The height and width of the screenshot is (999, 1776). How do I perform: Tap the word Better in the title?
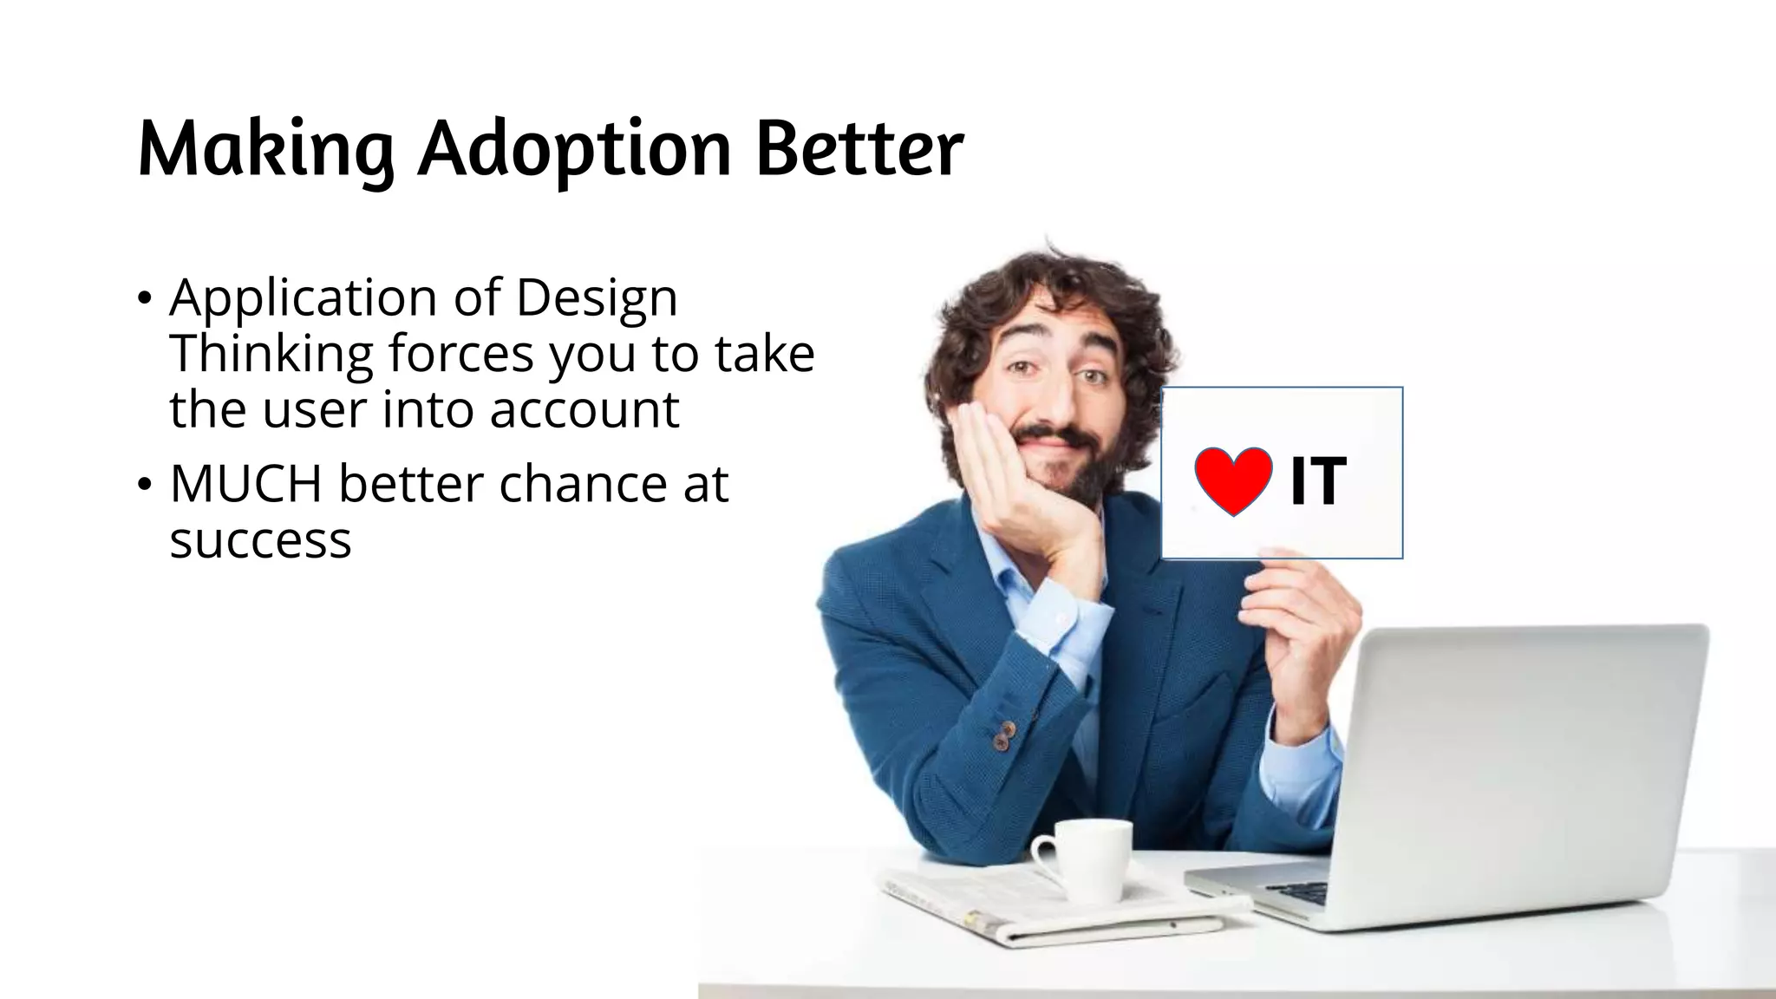click(859, 149)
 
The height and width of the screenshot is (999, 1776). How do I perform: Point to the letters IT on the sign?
click(1317, 482)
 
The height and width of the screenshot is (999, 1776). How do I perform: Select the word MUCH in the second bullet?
click(245, 484)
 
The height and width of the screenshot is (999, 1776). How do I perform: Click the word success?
click(260, 540)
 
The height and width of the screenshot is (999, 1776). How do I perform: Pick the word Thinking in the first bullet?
click(271, 354)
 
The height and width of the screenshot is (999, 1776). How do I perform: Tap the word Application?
click(303, 297)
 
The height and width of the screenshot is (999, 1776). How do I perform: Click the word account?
click(584, 409)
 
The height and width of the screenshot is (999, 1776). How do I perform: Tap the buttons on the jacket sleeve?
click(1003, 735)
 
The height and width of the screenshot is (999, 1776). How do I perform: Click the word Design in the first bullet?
click(596, 297)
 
